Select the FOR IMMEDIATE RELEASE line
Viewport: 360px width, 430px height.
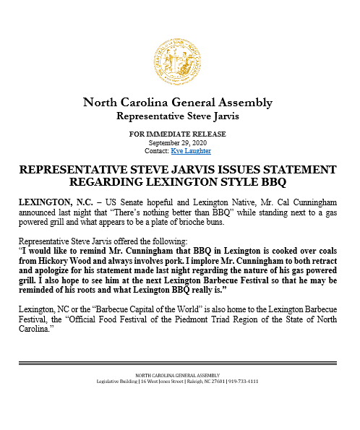(x=178, y=134)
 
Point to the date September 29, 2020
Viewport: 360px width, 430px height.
(x=178, y=142)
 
